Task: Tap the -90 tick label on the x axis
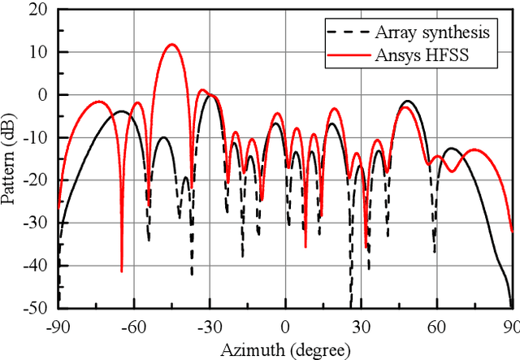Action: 58,325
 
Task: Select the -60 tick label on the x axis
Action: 133,325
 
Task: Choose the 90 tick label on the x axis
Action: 509,325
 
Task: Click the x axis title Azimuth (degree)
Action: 285,349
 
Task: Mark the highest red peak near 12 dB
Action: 171,45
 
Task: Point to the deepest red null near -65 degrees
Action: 122,271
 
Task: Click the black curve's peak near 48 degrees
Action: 407,102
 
